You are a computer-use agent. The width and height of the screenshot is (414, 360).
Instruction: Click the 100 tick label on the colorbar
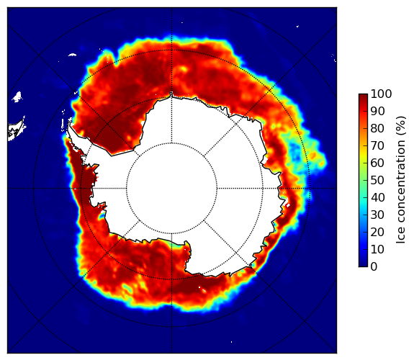(381, 94)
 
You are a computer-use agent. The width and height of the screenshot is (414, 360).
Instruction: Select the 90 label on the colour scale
(377, 111)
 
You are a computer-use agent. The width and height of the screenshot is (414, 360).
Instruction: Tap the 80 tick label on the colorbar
(377, 128)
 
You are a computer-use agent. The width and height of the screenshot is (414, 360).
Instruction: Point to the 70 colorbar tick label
(377, 145)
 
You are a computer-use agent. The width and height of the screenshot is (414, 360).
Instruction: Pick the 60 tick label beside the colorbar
(377, 163)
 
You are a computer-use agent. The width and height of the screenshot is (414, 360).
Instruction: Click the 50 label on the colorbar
(377, 181)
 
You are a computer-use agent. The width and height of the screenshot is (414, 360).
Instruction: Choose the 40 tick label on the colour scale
(377, 197)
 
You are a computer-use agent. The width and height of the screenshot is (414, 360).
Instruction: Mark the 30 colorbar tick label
(377, 215)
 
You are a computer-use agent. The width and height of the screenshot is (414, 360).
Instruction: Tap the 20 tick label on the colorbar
(377, 232)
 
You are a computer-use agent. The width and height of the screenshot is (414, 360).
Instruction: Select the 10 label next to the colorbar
(377, 249)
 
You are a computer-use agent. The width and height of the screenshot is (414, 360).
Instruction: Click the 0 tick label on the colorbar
(374, 267)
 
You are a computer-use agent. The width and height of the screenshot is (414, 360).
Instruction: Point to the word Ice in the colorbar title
(401, 236)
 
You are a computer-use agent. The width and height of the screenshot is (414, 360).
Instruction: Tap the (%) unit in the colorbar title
(401, 126)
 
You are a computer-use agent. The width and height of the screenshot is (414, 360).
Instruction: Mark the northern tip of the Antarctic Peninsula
(69, 124)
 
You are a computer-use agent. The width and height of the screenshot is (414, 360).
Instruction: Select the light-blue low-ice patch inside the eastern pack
(294, 153)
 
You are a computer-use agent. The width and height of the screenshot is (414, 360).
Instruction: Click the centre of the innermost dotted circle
(171, 189)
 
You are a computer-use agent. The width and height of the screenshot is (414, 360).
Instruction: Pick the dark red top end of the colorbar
(363, 96)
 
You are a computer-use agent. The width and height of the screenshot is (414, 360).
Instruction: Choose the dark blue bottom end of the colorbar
(363, 265)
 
